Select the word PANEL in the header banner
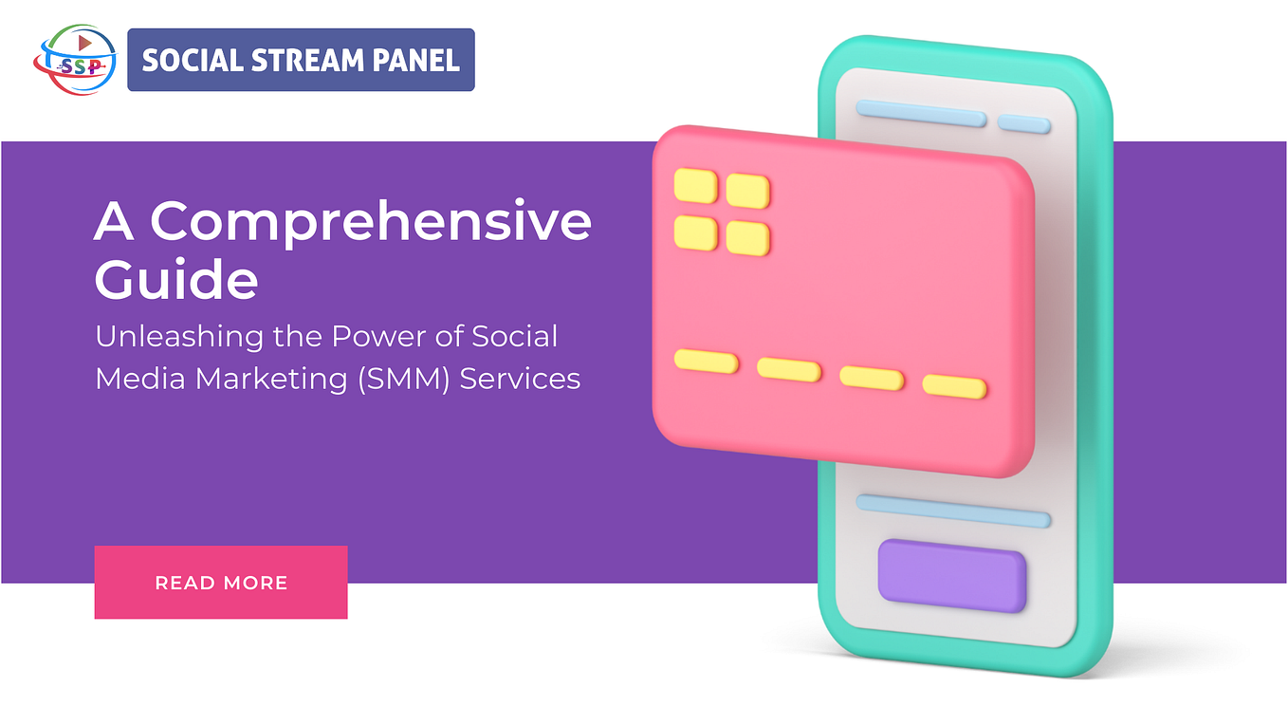click(x=415, y=61)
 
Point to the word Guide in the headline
click(x=176, y=280)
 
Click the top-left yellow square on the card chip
click(x=695, y=185)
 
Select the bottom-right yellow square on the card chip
click(x=747, y=237)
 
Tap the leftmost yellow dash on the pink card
click(x=706, y=361)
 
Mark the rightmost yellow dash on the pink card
click(x=954, y=386)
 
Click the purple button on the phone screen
click(x=951, y=575)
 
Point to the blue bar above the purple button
click(x=953, y=510)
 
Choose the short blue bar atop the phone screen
click(x=1023, y=124)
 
